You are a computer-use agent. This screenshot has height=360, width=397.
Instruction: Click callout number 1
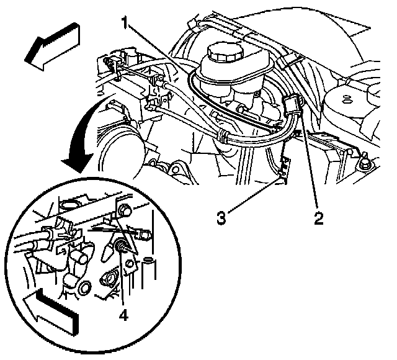click(x=125, y=22)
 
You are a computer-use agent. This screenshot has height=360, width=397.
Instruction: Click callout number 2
click(x=319, y=218)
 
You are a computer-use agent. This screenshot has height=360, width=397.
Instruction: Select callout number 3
click(x=221, y=218)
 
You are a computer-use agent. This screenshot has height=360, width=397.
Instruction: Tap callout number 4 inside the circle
click(x=123, y=315)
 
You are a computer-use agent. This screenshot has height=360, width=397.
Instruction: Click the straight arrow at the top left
click(x=53, y=47)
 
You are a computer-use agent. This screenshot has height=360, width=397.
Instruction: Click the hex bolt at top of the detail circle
click(x=124, y=210)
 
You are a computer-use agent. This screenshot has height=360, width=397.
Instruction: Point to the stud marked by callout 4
click(x=121, y=245)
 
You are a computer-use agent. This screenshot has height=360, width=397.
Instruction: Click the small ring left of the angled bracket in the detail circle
click(x=130, y=263)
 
